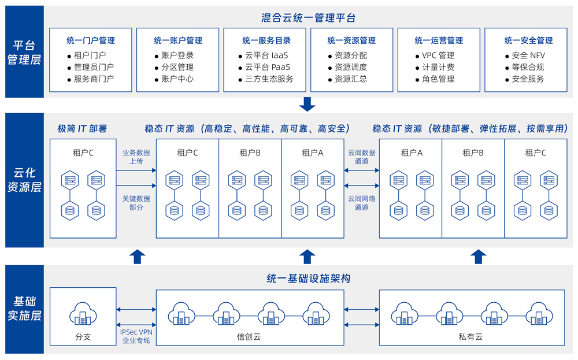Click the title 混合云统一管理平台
pos(307,18)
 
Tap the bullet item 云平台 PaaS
pos(267,67)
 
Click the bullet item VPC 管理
pos(438,55)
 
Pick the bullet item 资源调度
pos(350,67)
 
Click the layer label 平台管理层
pos(24,52)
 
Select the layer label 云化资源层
pos(24,180)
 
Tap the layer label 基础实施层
pos(24,309)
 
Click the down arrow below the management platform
pos(307,105)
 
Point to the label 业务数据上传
pos(136,157)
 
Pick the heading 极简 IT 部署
pos(82,128)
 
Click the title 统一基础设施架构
pos(307,279)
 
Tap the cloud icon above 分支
pos(83,315)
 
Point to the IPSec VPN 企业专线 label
pos(136,336)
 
